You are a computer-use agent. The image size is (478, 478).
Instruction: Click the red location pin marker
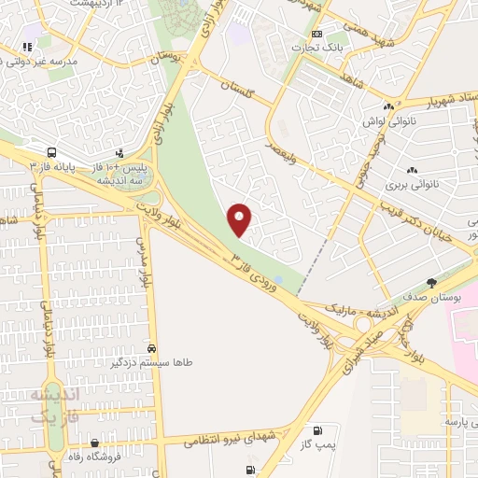(240, 218)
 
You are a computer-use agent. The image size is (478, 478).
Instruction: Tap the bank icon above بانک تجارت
(317, 34)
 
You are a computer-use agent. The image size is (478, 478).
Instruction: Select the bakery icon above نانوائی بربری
(412, 170)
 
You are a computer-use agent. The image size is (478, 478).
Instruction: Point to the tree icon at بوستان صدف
(430, 282)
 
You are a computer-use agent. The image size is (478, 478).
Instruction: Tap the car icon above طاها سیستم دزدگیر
(151, 349)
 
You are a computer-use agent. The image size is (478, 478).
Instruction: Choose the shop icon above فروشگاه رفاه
(94, 443)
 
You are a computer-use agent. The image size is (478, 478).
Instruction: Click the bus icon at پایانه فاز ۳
(50, 151)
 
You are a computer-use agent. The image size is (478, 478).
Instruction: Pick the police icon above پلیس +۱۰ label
(119, 152)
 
